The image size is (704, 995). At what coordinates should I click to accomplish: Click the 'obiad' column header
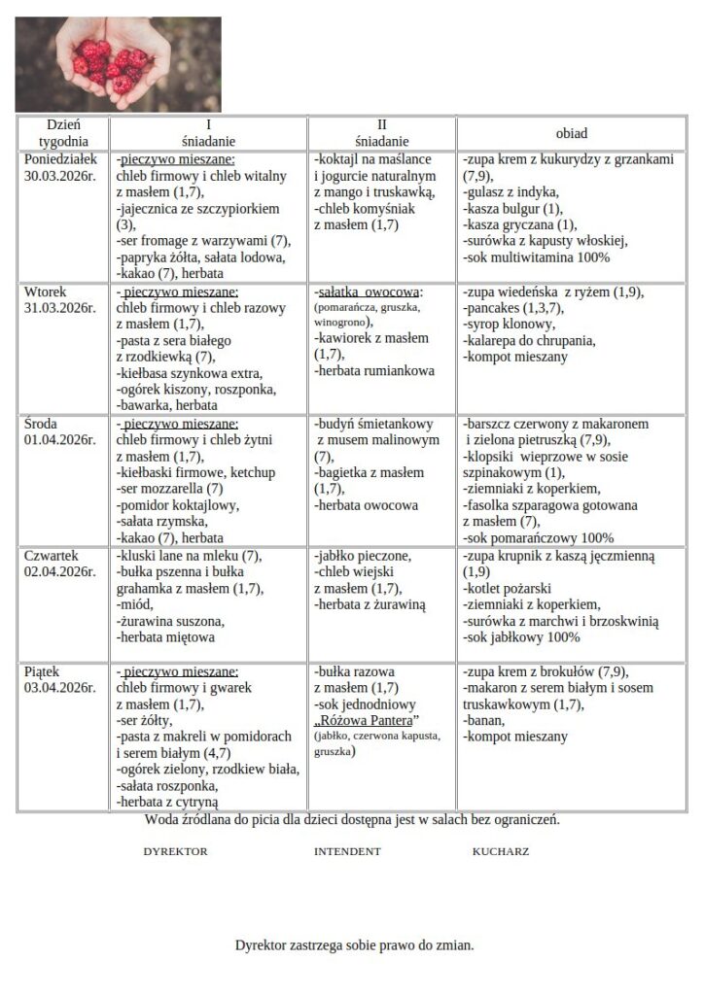coord(572,133)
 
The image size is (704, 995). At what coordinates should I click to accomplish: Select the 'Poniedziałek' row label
coord(60,159)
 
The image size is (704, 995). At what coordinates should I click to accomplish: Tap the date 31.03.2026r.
coord(60,308)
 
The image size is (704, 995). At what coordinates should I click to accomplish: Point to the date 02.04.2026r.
coord(60,572)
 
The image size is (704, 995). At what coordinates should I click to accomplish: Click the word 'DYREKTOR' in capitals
coord(175,851)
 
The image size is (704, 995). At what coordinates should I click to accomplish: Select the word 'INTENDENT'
coord(347,851)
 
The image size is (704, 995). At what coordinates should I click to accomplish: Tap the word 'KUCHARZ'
coord(501,851)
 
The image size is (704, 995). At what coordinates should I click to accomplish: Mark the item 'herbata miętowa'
coord(165,637)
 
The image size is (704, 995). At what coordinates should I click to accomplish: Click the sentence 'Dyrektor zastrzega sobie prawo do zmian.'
coord(354,944)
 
